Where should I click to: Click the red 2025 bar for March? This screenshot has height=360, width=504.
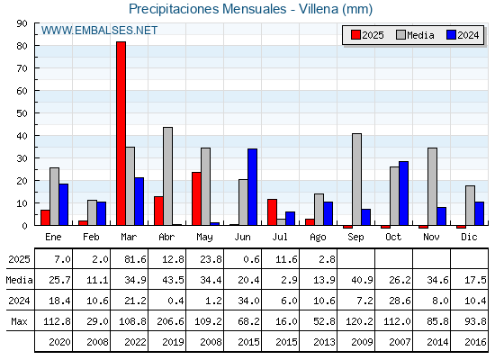(x=121, y=133)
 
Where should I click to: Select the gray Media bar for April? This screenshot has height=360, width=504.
(x=167, y=176)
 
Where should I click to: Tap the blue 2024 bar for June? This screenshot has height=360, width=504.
(x=252, y=187)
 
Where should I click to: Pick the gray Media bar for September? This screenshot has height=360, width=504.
(x=356, y=179)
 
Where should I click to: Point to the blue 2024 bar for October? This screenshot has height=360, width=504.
(x=404, y=193)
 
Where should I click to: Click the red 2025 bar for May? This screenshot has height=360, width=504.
(x=196, y=199)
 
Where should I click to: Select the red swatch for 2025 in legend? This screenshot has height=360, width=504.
(x=355, y=35)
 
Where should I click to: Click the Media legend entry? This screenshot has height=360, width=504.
(x=415, y=35)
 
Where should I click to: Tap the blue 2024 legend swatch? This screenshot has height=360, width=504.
(x=451, y=35)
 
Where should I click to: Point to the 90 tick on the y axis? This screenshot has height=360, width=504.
(x=22, y=23)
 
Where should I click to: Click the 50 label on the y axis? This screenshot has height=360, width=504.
(x=22, y=113)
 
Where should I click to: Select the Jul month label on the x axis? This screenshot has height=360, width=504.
(x=280, y=237)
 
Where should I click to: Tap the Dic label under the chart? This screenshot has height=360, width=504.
(x=469, y=237)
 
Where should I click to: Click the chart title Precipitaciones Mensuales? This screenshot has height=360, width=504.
(x=207, y=9)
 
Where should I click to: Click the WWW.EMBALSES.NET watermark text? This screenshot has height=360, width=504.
(x=99, y=31)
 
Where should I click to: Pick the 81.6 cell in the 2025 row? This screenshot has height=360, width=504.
(x=135, y=259)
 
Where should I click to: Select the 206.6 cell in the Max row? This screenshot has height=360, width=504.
(x=170, y=321)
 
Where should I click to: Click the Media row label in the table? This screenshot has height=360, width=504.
(x=19, y=280)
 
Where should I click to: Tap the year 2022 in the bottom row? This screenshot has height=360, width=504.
(x=135, y=342)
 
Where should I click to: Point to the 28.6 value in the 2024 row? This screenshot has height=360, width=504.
(x=400, y=301)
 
